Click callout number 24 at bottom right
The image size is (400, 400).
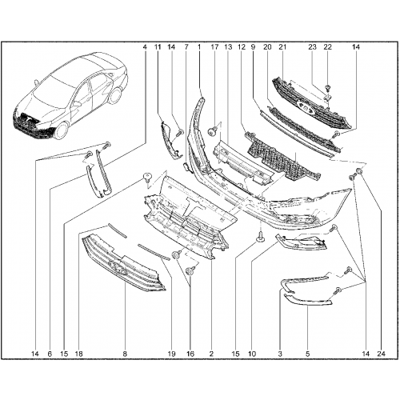tap(382, 354)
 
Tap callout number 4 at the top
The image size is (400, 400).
tap(145, 47)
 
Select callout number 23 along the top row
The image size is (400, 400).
tap(312, 47)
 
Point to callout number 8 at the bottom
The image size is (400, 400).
tap(125, 354)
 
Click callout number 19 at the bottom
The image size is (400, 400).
tap(171, 354)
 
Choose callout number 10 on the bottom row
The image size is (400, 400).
tap(252, 354)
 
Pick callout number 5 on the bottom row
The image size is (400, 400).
tap(307, 354)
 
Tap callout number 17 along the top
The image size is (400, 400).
tap(214, 47)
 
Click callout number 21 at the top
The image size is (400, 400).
tap(282, 47)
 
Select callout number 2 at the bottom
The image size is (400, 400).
tap(211, 354)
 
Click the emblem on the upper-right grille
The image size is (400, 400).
tap(303, 106)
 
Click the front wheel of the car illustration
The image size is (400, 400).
tap(61, 131)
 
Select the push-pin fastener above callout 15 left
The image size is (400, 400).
tap(147, 177)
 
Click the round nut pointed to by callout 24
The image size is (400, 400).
tap(359, 171)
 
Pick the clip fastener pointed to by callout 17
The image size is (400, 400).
tap(212, 131)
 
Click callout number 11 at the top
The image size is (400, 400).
tap(158, 47)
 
